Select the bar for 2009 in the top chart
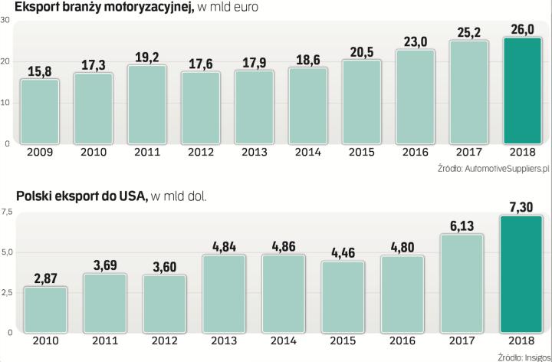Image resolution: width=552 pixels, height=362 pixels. pyautogui.click(x=39, y=111)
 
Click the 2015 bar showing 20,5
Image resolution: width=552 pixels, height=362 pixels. pyautogui.click(x=361, y=102)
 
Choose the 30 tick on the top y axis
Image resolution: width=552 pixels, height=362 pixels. pyautogui.click(x=5, y=20)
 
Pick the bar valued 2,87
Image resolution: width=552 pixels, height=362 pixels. pyautogui.click(x=46, y=310)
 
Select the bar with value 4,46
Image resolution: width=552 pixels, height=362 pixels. pyautogui.click(x=343, y=297)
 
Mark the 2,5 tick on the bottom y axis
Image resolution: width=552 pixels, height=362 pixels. pyautogui.click(x=7, y=292)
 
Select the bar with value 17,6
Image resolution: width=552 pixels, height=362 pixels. pyautogui.click(x=200, y=107)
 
